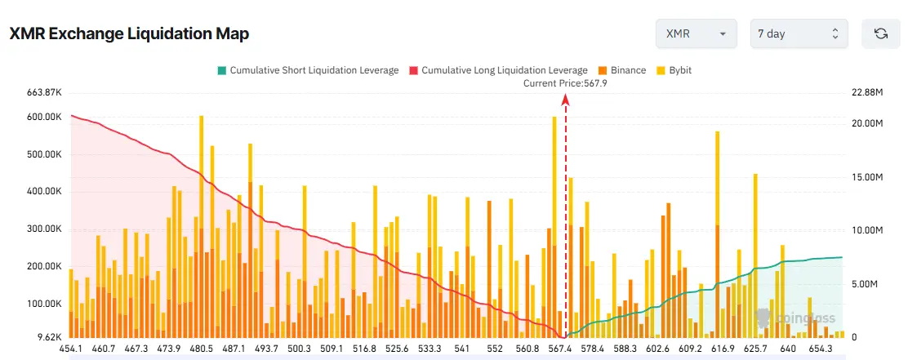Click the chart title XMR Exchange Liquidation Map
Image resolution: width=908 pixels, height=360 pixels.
point(129,33)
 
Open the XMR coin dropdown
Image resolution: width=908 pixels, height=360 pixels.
point(696,33)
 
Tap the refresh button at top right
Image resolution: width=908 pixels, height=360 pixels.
point(880,33)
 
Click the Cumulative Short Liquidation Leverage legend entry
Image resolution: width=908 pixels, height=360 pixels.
point(307,70)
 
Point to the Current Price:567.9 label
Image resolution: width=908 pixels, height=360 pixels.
point(566,83)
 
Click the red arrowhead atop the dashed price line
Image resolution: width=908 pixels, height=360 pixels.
point(566,99)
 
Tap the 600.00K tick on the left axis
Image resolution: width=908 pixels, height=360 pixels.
point(45,118)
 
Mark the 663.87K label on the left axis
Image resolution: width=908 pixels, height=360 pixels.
point(45,92)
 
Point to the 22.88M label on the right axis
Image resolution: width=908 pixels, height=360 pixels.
point(867,92)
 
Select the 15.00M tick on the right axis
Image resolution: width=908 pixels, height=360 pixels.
point(867,177)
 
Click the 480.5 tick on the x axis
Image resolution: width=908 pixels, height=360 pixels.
point(201,349)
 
